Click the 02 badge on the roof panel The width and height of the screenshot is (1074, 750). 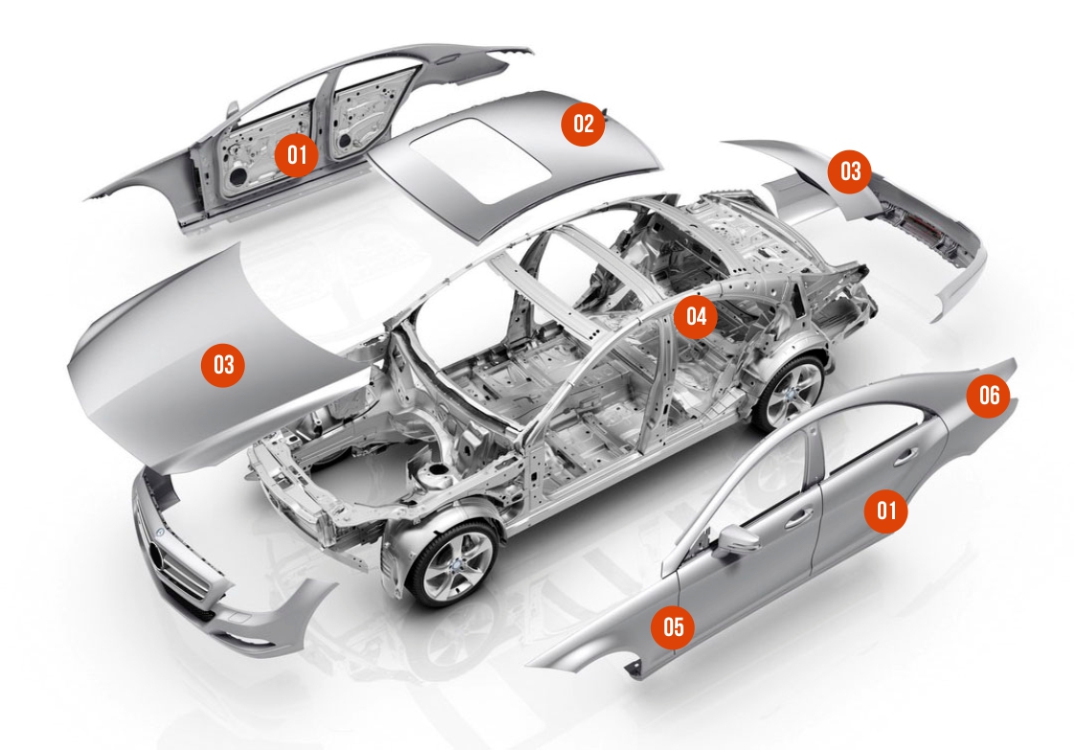[x=583, y=124]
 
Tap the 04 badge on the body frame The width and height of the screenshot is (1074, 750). [x=696, y=316]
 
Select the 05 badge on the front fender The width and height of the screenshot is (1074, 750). [x=673, y=625]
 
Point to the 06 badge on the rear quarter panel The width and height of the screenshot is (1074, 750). [x=989, y=395]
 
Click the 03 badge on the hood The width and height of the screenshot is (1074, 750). [x=223, y=364]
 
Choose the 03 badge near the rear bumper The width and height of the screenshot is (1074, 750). [x=850, y=170]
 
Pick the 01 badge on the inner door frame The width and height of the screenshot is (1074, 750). [x=297, y=154]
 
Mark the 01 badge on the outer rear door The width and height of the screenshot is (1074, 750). [x=886, y=510]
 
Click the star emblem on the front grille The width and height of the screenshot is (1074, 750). [x=160, y=534]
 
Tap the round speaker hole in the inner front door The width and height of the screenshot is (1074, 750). [x=237, y=176]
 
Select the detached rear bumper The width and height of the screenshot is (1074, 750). [x=884, y=219]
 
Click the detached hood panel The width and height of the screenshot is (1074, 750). [x=226, y=356]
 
